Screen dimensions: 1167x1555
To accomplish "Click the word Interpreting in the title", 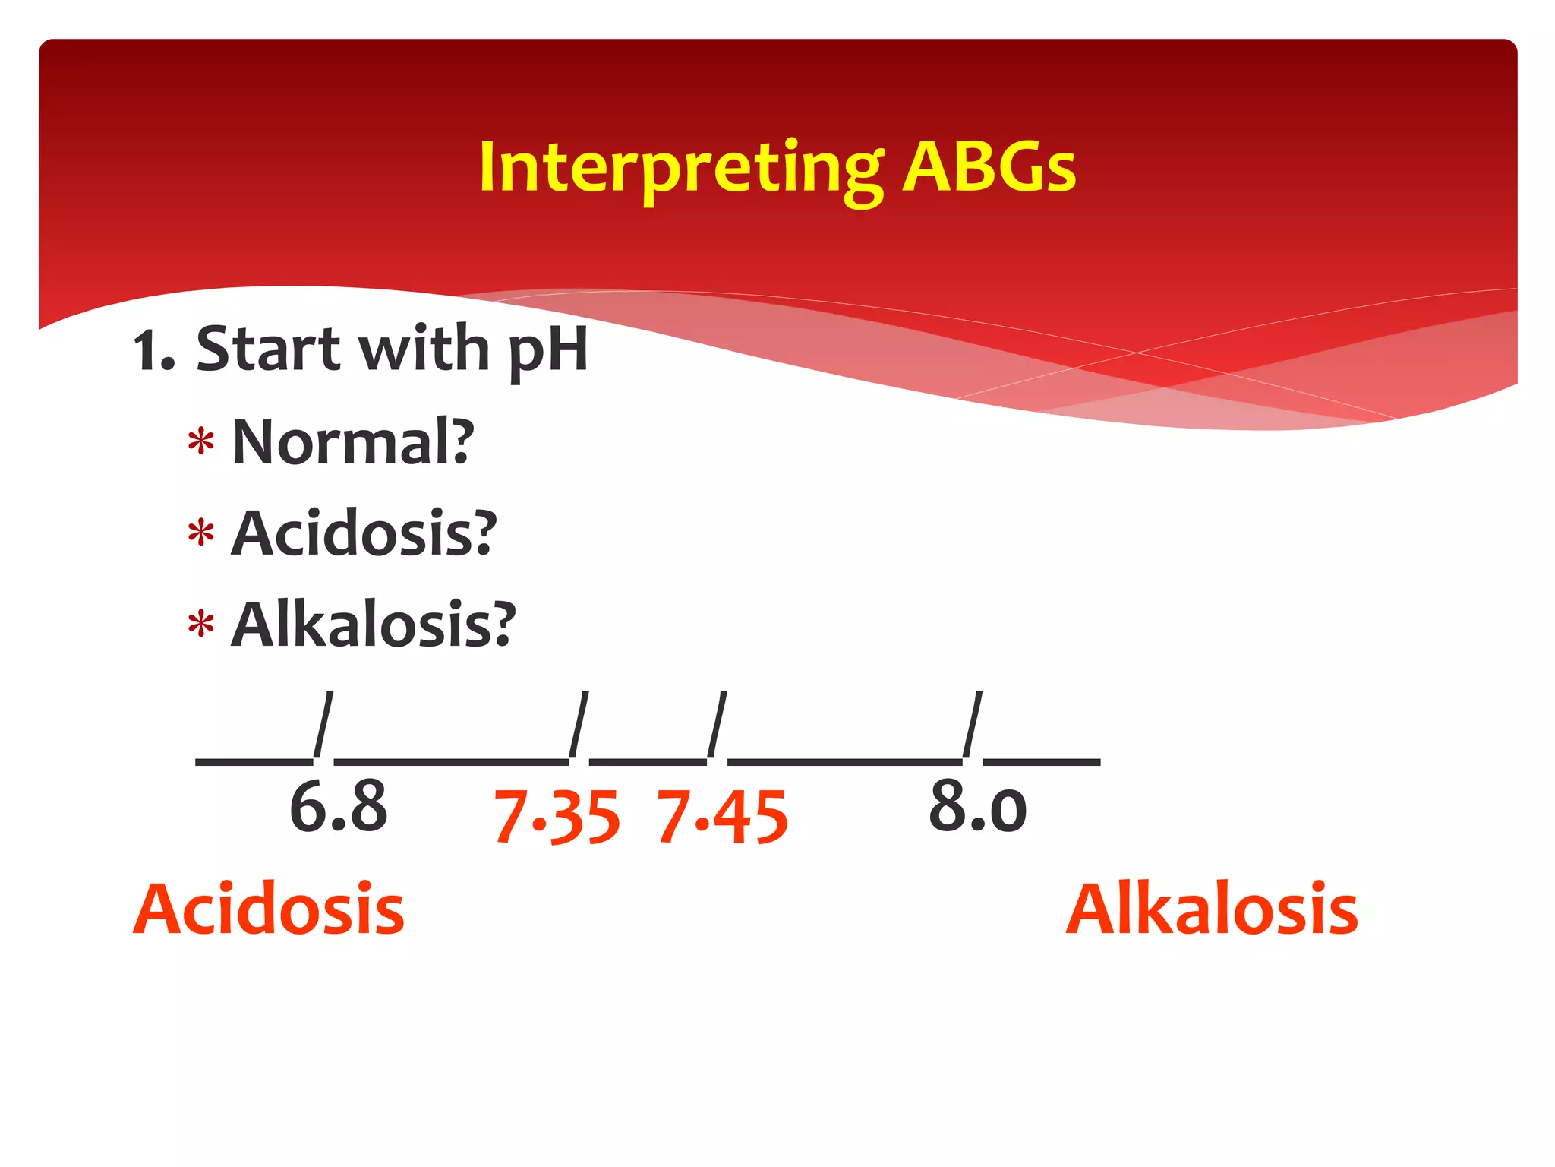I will point(680,169).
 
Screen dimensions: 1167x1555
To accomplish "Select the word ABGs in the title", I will point(989,169).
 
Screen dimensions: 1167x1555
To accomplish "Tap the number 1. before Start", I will point(153,351).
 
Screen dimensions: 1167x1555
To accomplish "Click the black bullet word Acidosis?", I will point(363,533).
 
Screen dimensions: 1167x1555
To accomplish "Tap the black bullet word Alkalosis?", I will point(373,625).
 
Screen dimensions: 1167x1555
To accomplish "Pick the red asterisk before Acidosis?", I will point(201,533).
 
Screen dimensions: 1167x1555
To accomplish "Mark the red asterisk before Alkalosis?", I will point(201,625).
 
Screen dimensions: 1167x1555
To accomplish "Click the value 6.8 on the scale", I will point(338,807).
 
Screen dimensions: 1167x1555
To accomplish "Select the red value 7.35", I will point(557,818).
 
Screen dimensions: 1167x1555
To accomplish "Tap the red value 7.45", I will point(722,818).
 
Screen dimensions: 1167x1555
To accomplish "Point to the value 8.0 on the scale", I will point(977,807).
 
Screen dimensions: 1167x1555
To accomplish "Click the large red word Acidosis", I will point(269,909).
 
